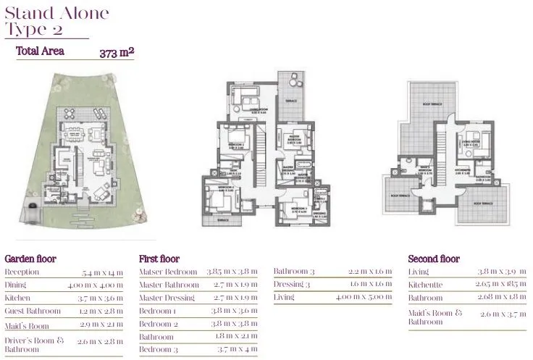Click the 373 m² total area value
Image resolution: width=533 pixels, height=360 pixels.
tap(117, 52)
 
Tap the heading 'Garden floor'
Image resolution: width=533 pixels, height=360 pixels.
tap(30, 259)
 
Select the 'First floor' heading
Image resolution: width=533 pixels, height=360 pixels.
tap(159, 259)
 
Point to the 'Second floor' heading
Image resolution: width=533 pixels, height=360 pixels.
tap(434, 259)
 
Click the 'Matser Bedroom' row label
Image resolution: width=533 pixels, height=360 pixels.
tap(168, 272)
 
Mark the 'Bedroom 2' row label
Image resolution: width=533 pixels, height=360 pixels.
tap(158, 324)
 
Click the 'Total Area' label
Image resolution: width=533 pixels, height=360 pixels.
tap(41, 51)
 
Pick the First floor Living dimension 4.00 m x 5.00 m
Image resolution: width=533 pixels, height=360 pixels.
tap(364, 298)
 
